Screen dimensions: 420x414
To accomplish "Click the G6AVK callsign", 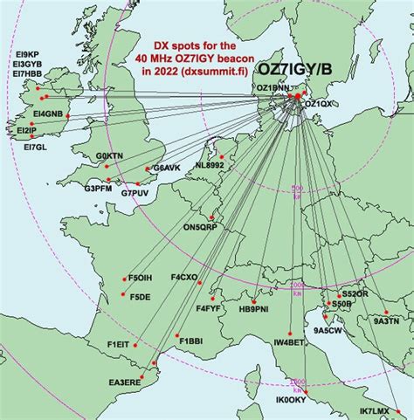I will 166,168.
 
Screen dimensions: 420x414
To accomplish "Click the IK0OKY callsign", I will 290,401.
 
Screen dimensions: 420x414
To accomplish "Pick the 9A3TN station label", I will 386,321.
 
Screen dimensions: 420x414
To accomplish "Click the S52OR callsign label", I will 355,296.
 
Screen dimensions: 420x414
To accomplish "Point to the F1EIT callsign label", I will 120,345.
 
